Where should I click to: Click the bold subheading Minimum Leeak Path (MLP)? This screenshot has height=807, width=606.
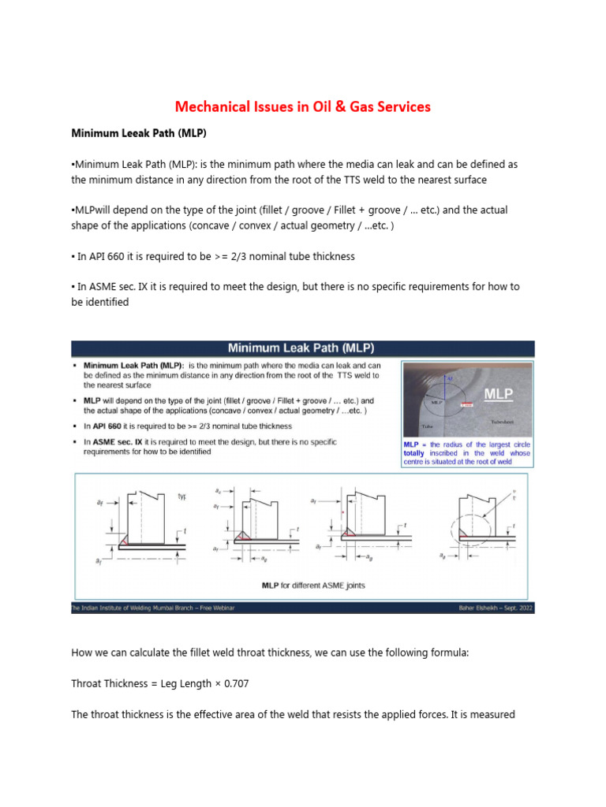click(x=139, y=134)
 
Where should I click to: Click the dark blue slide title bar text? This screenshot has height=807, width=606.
click(x=301, y=348)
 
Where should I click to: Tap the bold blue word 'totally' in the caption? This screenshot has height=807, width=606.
click(x=417, y=454)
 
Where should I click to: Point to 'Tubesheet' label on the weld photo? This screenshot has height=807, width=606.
click(x=503, y=422)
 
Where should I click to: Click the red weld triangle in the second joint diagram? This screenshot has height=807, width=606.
click(x=240, y=537)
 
